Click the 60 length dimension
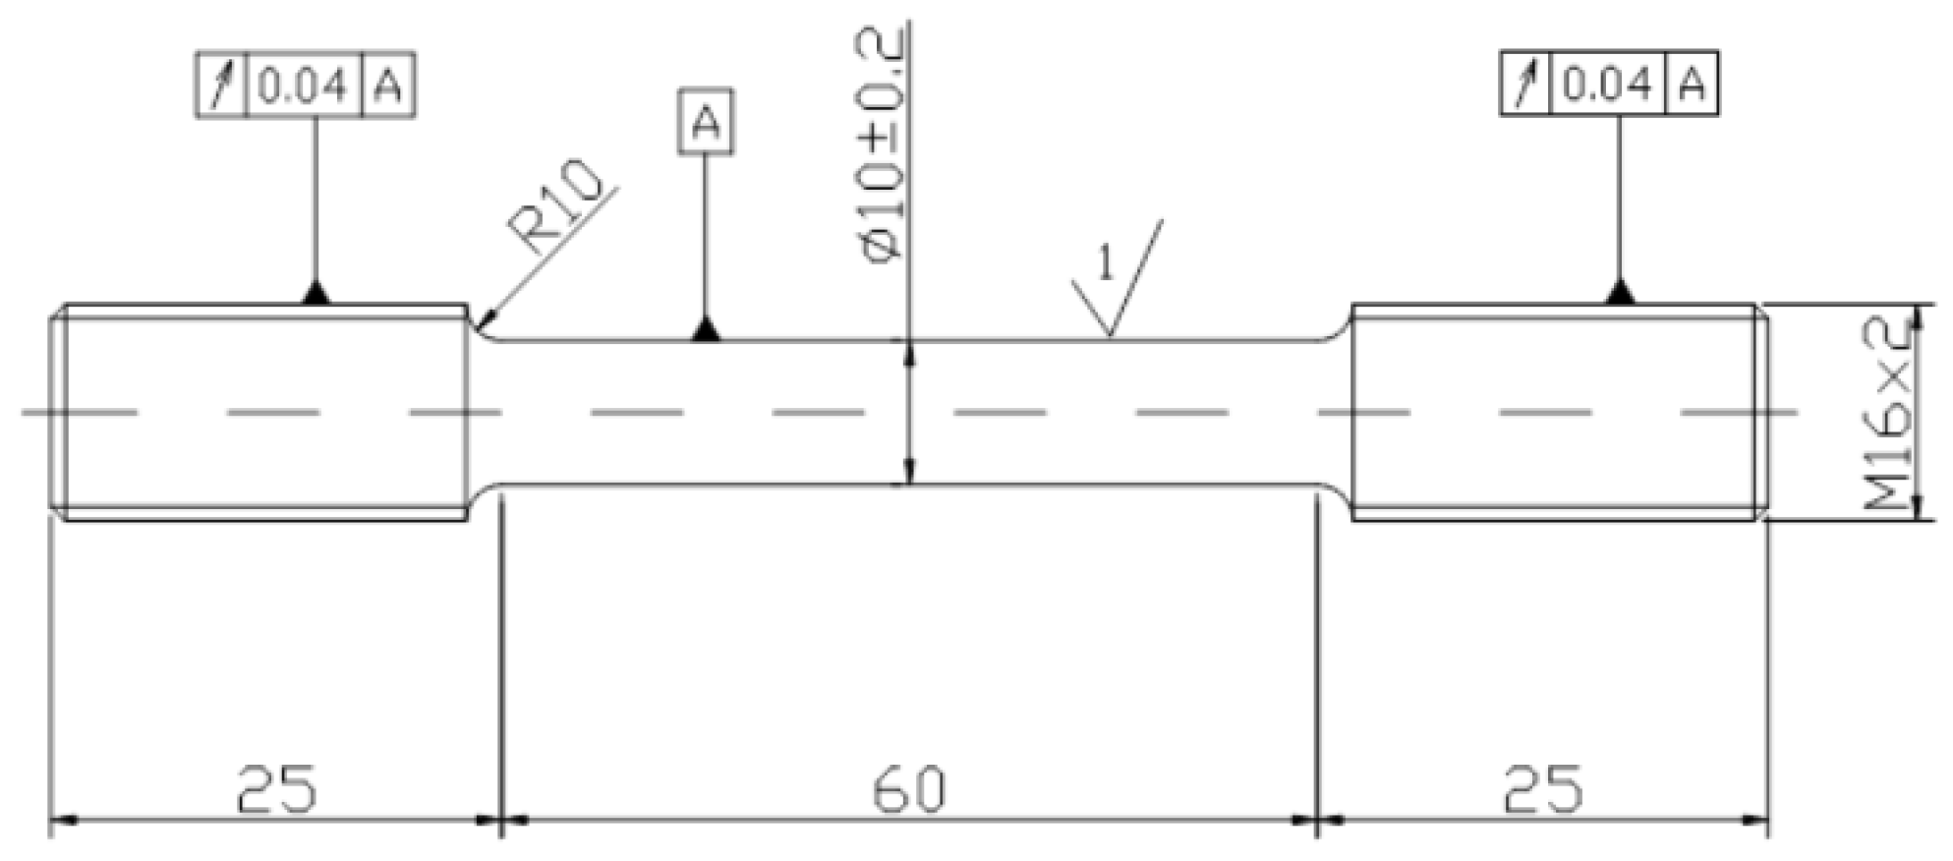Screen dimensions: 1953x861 [909, 788]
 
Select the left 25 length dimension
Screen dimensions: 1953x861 [277, 788]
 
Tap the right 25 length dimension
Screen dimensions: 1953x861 [1543, 788]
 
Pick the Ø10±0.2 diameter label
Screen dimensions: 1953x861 [882, 145]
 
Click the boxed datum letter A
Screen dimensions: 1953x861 [706, 123]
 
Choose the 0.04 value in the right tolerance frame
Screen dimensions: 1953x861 [1607, 86]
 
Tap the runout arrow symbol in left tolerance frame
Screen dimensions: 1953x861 [221, 86]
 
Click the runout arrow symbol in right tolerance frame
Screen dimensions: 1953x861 [1525, 84]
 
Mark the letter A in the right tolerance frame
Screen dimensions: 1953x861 [1691, 85]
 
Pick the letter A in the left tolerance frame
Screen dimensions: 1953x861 [388, 86]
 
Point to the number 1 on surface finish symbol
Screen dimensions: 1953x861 [1106, 262]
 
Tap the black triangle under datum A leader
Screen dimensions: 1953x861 [705, 330]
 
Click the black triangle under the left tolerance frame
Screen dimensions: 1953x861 [316, 293]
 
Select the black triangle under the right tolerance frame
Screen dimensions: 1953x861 [1620, 292]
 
